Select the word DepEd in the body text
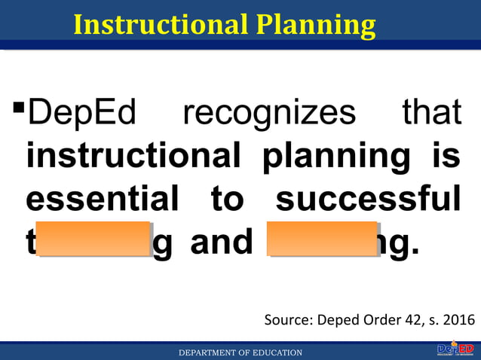[81, 114]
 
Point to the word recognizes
[268, 114]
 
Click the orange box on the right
[323, 239]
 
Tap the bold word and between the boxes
[221, 243]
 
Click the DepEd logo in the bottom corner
[455, 349]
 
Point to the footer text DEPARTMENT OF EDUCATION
[240, 352]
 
